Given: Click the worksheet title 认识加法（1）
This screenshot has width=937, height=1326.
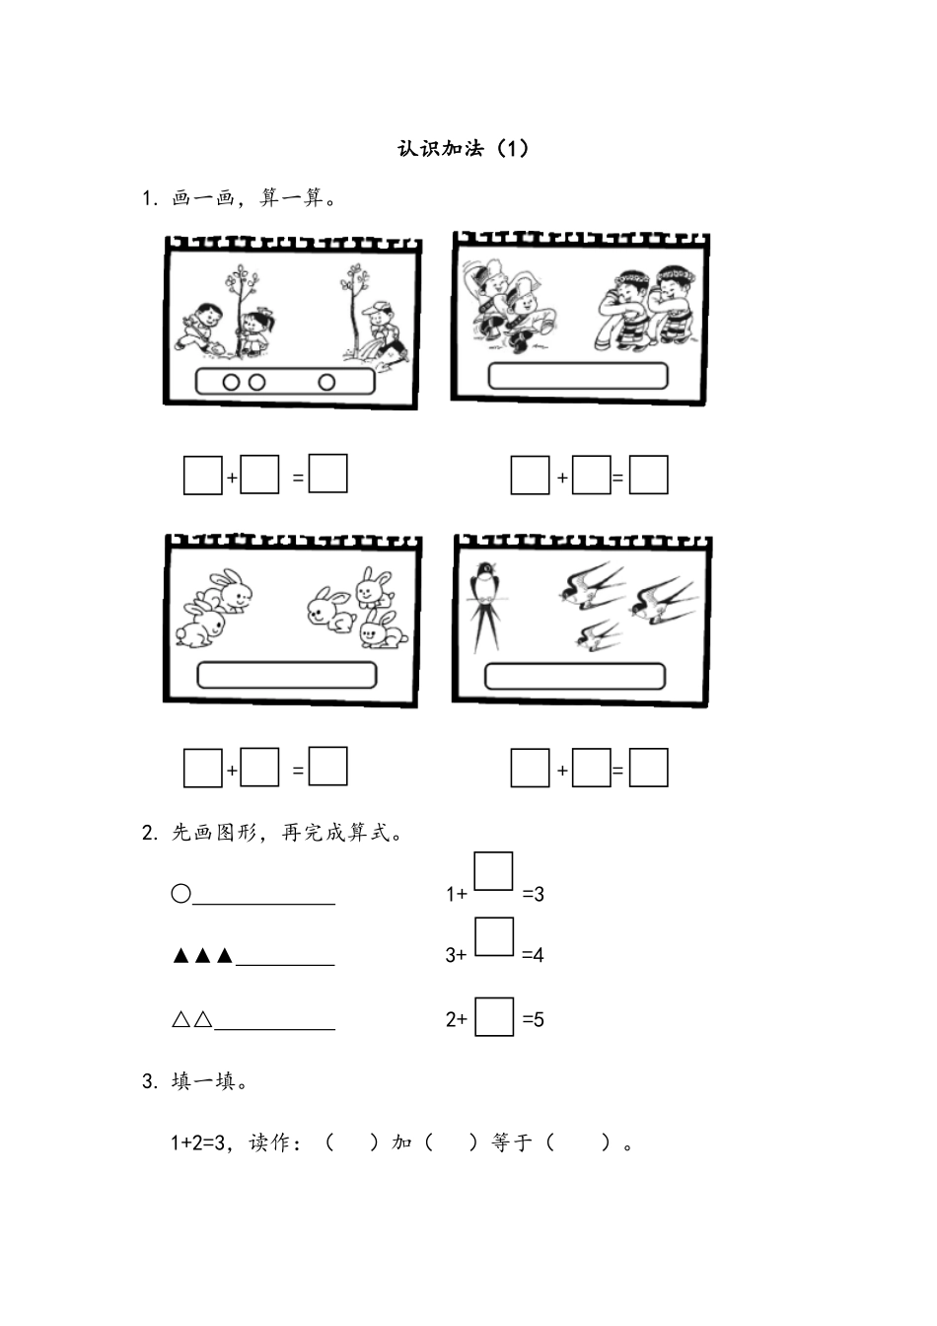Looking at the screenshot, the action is pos(463,148).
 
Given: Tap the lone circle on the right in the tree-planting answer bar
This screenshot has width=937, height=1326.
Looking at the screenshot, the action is pos(326,383).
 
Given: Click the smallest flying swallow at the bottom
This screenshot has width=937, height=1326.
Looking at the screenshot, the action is pos(599,635).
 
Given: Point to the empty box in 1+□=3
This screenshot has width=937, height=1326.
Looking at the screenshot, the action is pos(494,871).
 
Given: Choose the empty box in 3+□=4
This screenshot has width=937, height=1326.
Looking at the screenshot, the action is pos(494,936).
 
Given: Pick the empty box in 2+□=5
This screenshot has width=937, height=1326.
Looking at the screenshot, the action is pos(494,1016).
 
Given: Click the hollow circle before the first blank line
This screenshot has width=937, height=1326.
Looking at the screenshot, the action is pos(180,893).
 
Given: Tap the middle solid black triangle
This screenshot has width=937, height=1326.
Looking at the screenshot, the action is pos(202,955).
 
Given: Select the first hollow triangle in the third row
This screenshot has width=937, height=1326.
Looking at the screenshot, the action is pos(180,1019).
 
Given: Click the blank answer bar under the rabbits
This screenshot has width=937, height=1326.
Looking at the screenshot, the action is pos(286,675).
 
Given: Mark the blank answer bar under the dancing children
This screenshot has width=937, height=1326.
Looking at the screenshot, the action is pos(578,376).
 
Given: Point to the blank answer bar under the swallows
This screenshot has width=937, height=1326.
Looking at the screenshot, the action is pos(575,676).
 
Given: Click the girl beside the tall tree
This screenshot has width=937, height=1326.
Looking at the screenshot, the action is pos(255,332).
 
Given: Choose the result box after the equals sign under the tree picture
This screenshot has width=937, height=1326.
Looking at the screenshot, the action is pos(327,473).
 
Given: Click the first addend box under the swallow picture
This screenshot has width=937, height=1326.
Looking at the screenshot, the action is pos(530,768).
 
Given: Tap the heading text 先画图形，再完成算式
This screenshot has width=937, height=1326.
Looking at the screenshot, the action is pos(281,833).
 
